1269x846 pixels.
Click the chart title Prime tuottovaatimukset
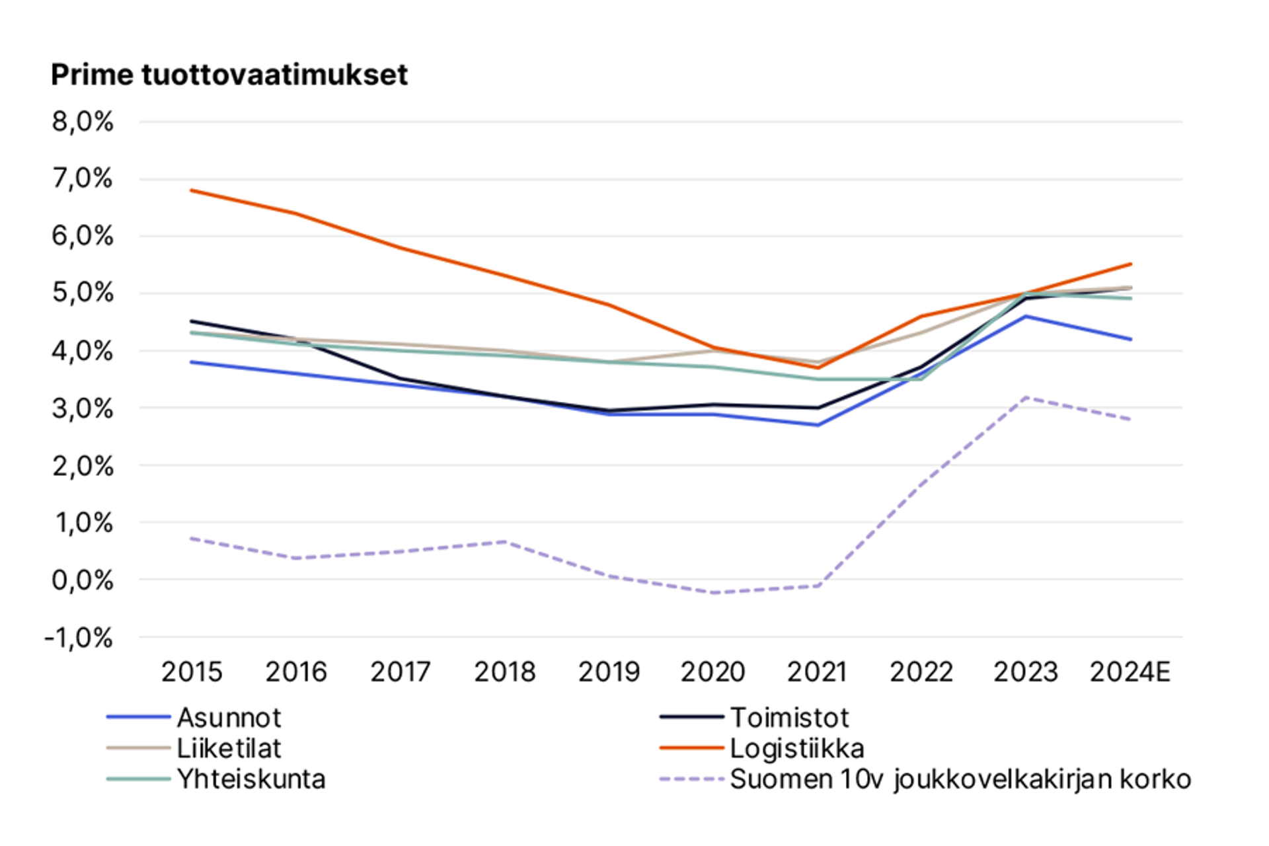click(229, 75)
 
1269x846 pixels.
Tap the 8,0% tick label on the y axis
click(83, 122)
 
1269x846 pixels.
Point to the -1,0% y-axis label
click(79, 638)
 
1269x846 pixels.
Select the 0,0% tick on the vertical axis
click(83, 580)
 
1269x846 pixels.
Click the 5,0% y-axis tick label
click(83, 293)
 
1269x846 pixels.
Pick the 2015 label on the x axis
click(192, 672)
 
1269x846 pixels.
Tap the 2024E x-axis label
click(1130, 672)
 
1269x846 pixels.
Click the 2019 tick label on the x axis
click(609, 672)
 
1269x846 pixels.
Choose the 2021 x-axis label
click(817, 672)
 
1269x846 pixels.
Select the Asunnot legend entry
click(229, 718)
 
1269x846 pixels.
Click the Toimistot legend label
click(789, 718)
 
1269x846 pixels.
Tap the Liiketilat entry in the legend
click(229, 749)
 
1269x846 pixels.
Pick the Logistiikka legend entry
click(797, 749)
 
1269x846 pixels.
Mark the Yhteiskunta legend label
click(251, 779)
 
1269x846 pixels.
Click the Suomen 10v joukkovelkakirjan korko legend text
click(960, 779)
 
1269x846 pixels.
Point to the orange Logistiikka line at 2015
click(191, 190)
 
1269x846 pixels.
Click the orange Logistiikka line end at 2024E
click(1131, 264)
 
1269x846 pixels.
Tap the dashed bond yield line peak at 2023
click(1026, 397)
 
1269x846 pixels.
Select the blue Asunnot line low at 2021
click(818, 425)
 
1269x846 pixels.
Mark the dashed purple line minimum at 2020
click(714, 592)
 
